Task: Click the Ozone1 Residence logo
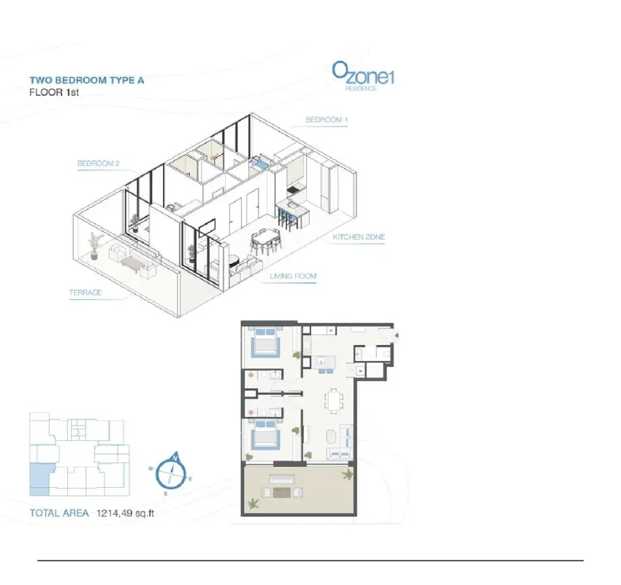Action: pos(363,76)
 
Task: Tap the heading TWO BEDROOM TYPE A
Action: pos(87,80)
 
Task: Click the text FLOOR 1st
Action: pos(54,92)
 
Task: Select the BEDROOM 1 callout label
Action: pos(327,120)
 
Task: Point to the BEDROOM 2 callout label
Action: pos(98,163)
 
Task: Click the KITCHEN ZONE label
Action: pos(359,237)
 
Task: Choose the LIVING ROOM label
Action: pos(293,276)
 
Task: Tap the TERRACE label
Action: pos(85,292)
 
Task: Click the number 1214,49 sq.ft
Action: pos(125,513)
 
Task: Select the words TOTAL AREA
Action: pos(59,513)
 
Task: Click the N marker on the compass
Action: pos(175,458)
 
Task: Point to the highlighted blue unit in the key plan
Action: pos(39,480)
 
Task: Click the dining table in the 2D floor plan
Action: pos(335,401)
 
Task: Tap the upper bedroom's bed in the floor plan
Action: pos(265,341)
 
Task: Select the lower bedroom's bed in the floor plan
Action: pos(265,435)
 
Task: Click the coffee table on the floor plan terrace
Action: pos(281,492)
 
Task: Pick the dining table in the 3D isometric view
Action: pos(266,238)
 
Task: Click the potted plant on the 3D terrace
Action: pos(95,246)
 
